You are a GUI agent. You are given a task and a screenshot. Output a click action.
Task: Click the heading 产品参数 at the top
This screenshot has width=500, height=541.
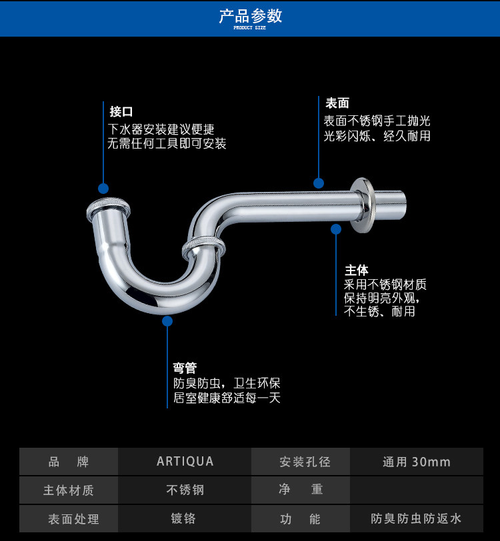(x=250, y=16)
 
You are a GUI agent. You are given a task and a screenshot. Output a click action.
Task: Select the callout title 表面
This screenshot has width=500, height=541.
(x=337, y=103)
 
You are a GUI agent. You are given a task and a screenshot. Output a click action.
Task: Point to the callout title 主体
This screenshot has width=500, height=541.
(x=356, y=270)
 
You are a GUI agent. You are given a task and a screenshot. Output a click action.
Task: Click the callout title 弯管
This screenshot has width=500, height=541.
(x=185, y=368)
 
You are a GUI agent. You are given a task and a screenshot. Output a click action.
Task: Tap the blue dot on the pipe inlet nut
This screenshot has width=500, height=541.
(x=103, y=189)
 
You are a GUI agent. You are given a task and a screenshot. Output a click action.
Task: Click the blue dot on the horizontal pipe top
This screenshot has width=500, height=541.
(x=319, y=183)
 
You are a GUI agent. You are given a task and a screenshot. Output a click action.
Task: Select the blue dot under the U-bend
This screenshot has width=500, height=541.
(x=167, y=321)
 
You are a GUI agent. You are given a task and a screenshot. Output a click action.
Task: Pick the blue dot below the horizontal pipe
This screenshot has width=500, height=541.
(x=336, y=229)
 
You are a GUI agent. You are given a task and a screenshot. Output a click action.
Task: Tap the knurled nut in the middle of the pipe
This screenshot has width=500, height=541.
(x=203, y=247)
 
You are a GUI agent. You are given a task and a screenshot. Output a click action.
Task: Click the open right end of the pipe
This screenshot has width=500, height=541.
(x=402, y=203)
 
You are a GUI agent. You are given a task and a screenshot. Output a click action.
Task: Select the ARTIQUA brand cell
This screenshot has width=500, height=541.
(x=185, y=461)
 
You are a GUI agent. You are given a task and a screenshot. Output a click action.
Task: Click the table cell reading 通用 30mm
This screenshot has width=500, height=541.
(x=416, y=462)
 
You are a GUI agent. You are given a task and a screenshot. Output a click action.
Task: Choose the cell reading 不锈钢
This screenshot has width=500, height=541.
(x=185, y=490)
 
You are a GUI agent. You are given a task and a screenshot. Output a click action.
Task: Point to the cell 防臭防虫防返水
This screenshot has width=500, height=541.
(x=416, y=518)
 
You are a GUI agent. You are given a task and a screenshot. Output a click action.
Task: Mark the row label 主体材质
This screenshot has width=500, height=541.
(x=69, y=490)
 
